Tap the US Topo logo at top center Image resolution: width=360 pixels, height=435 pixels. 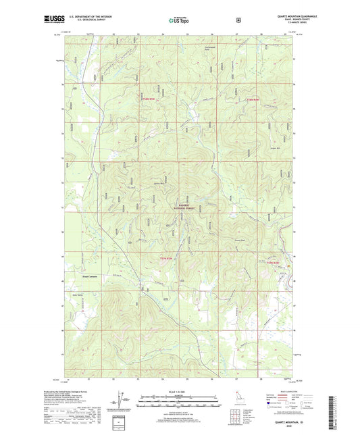[x=180, y=21]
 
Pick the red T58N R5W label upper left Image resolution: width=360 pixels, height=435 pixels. [x=147, y=100]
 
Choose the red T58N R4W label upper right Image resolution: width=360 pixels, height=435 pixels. [x=253, y=100]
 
